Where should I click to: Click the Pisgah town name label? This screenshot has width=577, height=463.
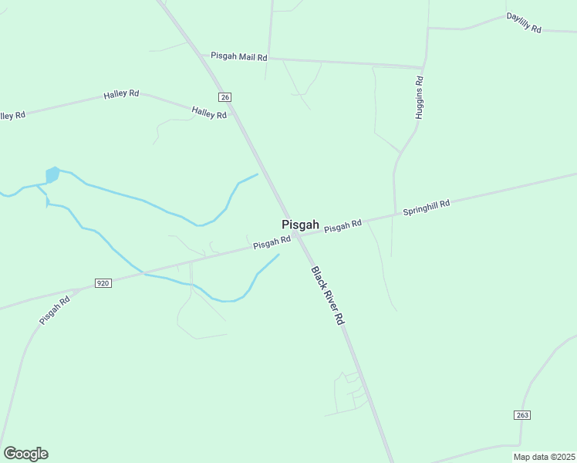(300, 225)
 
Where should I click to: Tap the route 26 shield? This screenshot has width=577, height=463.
(224, 96)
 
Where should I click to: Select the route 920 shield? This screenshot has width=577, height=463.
(103, 283)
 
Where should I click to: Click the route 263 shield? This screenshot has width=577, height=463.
(522, 415)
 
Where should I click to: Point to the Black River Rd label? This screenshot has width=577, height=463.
(328, 295)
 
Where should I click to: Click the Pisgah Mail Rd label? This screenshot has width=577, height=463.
(238, 57)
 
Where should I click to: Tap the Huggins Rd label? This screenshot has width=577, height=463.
(420, 97)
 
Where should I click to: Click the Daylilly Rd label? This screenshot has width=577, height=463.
(524, 22)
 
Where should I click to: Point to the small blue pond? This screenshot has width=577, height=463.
(52, 175)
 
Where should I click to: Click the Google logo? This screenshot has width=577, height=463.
(25, 454)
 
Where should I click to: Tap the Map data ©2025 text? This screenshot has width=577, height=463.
(545, 457)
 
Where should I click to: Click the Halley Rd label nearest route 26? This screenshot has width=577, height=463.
(209, 113)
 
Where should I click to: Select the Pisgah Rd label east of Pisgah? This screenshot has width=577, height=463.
(342, 226)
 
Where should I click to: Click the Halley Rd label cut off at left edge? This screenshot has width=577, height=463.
(12, 115)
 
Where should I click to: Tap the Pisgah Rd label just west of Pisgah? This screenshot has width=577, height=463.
(272, 243)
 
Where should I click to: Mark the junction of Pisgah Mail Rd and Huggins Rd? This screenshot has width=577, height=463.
(423, 67)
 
